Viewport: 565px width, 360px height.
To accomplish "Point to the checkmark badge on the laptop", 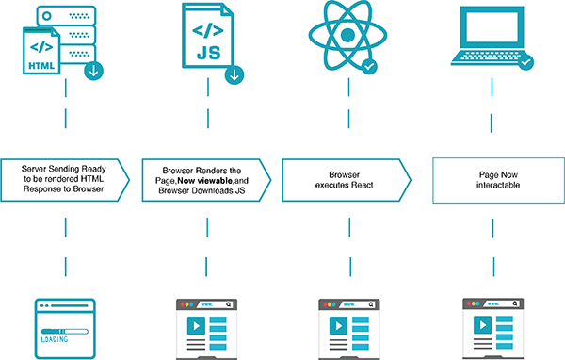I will (525, 64).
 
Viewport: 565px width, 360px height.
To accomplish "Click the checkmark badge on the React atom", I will (370, 67).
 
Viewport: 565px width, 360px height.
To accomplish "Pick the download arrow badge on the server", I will (93, 72).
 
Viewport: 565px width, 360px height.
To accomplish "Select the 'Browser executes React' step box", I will (345, 179).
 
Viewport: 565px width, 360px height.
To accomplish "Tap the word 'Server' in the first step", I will (39, 168).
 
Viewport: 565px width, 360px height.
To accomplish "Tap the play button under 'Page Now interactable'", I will (476, 327).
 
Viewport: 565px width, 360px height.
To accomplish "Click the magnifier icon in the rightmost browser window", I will (513, 305).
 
